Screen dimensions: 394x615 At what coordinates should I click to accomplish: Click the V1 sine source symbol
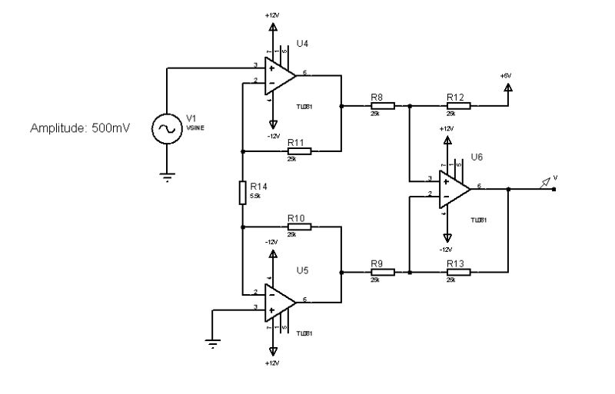(x=165, y=128)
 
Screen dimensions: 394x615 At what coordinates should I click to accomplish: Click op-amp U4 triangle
(x=278, y=74)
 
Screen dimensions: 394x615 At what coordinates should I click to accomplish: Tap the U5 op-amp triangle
(x=278, y=302)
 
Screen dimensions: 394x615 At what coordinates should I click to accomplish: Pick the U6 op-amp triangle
(x=453, y=187)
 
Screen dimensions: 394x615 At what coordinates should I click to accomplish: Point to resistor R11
(x=299, y=151)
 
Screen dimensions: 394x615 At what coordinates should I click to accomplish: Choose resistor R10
(x=299, y=227)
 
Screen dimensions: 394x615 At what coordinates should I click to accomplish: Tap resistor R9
(x=382, y=271)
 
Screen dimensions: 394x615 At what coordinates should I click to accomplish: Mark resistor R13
(x=458, y=271)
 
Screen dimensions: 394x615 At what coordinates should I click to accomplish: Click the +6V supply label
(x=505, y=76)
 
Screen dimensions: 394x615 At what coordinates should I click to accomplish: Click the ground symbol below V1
(x=165, y=177)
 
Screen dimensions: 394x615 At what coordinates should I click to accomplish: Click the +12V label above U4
(x=272, y=15)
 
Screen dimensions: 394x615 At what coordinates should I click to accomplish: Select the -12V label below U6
(x=446, y=250)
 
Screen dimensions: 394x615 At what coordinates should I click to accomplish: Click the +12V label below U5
(x=272, y=362)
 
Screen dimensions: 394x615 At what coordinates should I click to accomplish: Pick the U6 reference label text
(x=477, y=157)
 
